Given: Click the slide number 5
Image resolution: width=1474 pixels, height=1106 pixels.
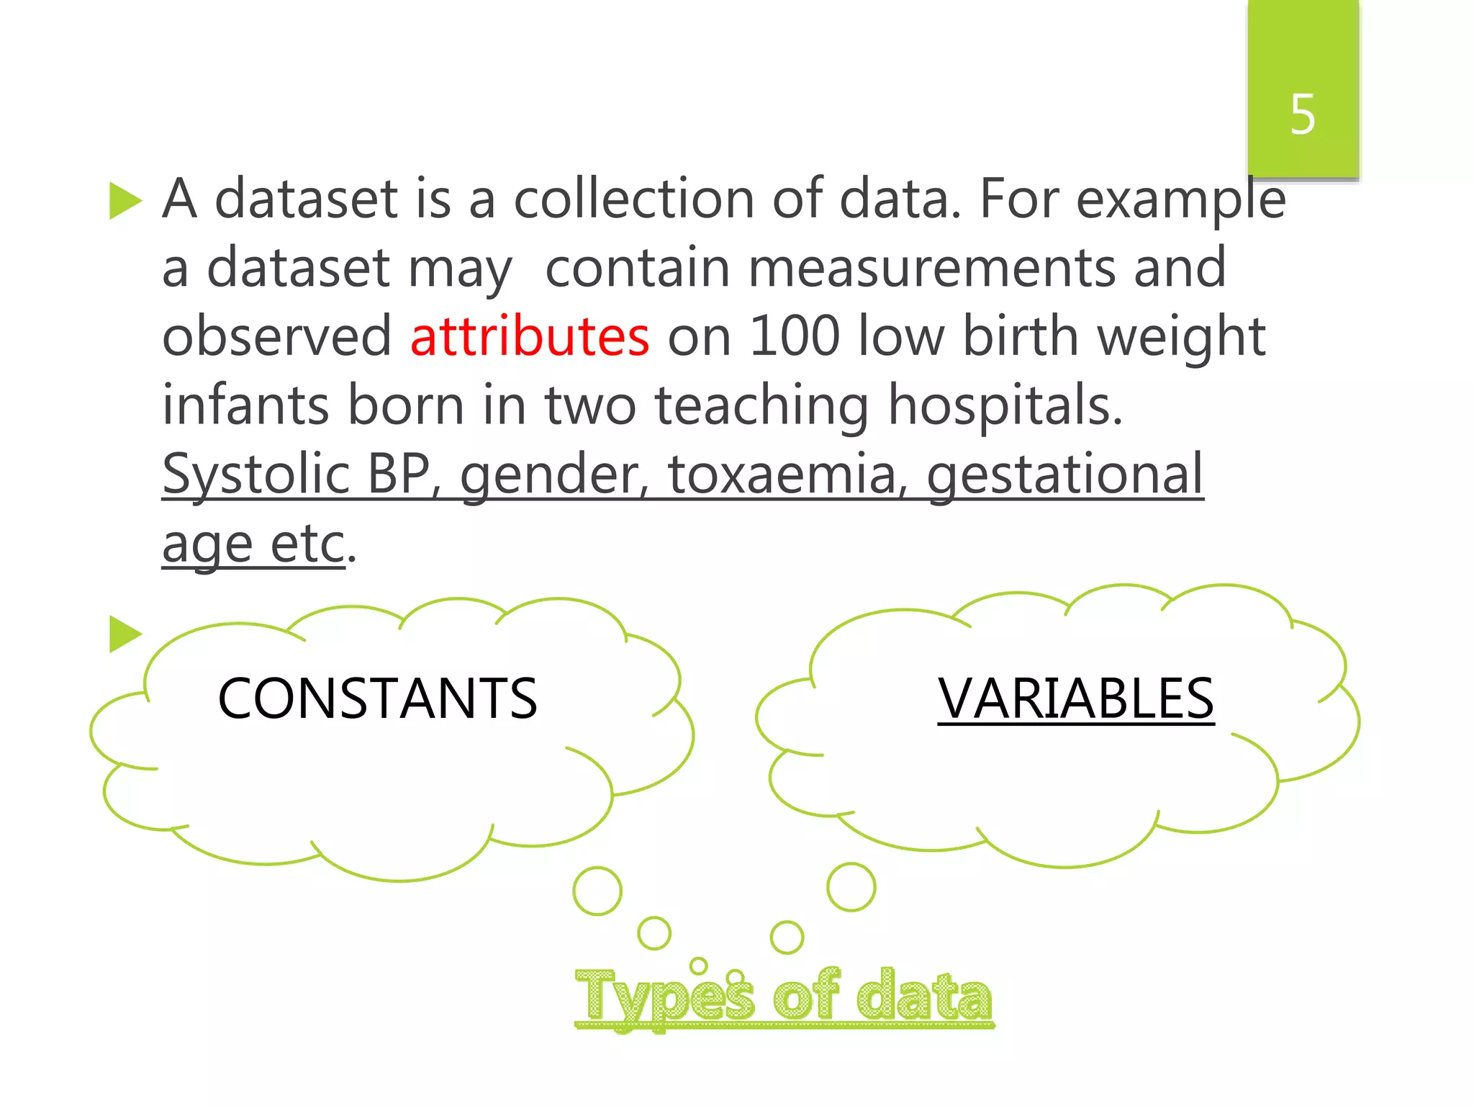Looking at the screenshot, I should pyautogui.click(x=1302, y=114).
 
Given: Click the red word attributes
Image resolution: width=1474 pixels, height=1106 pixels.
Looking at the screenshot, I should pyautogui.click(x=529, y=336).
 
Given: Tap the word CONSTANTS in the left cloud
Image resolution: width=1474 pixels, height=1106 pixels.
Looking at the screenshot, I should pyautogui.click(x=377, y=698).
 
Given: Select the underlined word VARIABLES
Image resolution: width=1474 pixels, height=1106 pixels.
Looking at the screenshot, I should pyautogui.click(x=1075, y=698).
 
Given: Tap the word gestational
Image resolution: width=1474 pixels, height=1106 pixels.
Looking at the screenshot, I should pyautogui.click(x=1064, y=475).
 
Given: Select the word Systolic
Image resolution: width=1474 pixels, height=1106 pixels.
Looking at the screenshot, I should pyautogui.click(x=256, y=475).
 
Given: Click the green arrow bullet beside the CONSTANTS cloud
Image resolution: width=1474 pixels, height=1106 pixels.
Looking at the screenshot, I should pyautogui.click(x=125, y=634).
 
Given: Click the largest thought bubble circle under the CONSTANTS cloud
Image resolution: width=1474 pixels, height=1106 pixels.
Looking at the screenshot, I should pyautogui.click(x=597, y=891).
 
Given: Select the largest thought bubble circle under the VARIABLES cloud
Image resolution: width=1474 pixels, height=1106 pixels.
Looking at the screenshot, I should pyautogui.click(x=851, y=886).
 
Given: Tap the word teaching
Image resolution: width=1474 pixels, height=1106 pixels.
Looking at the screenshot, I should pyautogui.click(x=761, y=405).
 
